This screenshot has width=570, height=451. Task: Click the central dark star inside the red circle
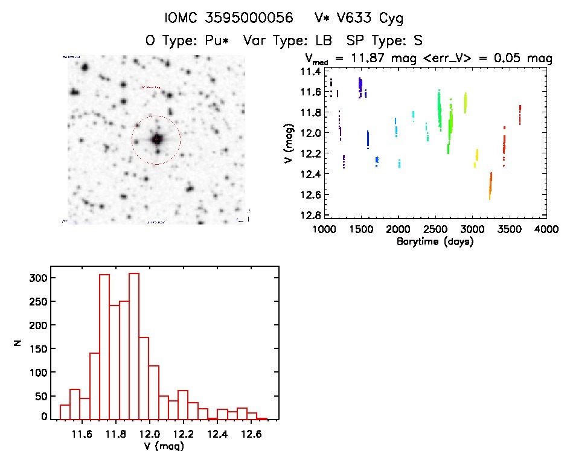pos(157,139)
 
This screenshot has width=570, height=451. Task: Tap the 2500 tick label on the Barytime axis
pos(435,229)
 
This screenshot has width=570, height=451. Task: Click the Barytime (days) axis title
pos(435,241)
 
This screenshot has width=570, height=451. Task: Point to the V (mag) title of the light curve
pos(292,143)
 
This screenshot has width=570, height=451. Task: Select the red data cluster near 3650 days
pos(519,114)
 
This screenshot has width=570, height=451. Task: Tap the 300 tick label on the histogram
pos(36,278)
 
